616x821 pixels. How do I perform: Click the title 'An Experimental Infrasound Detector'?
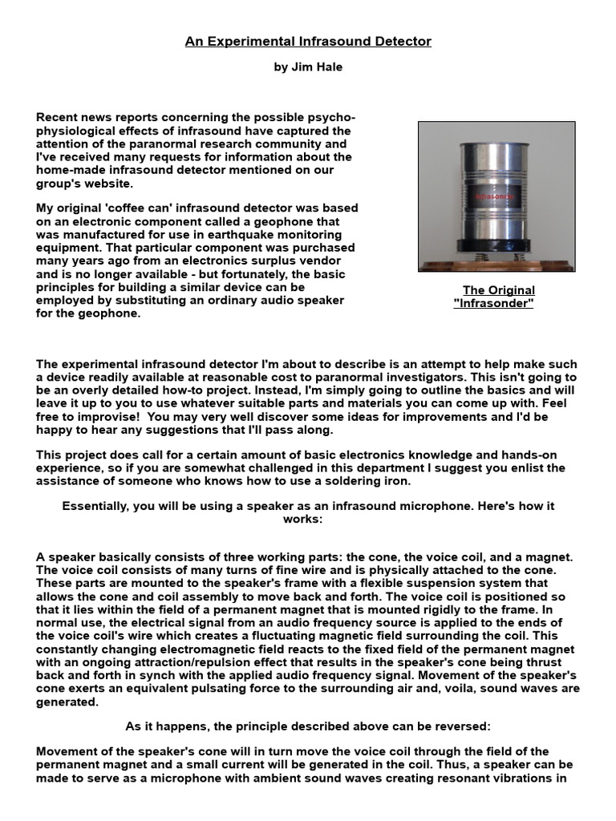point(308,42)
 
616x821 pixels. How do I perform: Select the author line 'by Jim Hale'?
point(308,67)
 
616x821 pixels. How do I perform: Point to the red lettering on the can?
point(496,196)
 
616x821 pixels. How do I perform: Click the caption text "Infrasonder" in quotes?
point(493,303)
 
